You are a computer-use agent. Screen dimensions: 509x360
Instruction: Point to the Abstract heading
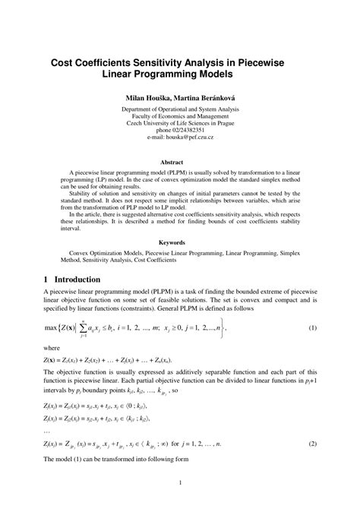pyautogui.click(x=180, y=162)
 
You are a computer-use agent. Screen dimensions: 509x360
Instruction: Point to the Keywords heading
pyautogui.click(x=180, y=242)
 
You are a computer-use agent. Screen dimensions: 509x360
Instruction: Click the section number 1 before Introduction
pyautogui.click(x=47, y=279)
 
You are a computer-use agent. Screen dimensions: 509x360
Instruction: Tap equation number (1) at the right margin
pyautogui.click(x=313, y=327)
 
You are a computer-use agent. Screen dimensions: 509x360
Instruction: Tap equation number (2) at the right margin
pyautogui.click(x=313, y=442)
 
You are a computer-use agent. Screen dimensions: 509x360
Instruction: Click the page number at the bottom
pyautogui.click(x=180, y=483)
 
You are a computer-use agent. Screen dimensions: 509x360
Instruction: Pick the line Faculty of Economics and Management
pyautogui.click(x=180, y=115)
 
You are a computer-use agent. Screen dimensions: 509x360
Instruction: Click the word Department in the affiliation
pyautogui.click(x=140, y=108)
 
